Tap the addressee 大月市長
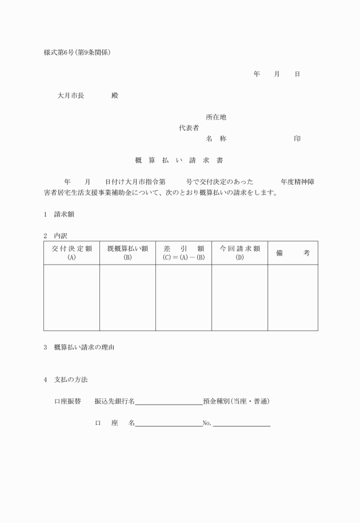coord(71,96)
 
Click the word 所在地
coord(216,117)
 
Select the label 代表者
coord(189,128)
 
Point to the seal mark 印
coord(297,139)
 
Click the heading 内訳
coord(61,235)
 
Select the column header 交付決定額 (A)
coord(71,253)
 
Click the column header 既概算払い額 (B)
coord(127,253)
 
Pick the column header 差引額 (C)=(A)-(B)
coord(183,253)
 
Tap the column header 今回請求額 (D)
coord(239,253)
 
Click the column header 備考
coord(293,253)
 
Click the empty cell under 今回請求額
coord(239,297)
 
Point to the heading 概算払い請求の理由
coord(84,348)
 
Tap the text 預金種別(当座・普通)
coord(237,401)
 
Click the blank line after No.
coord(241,425)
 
